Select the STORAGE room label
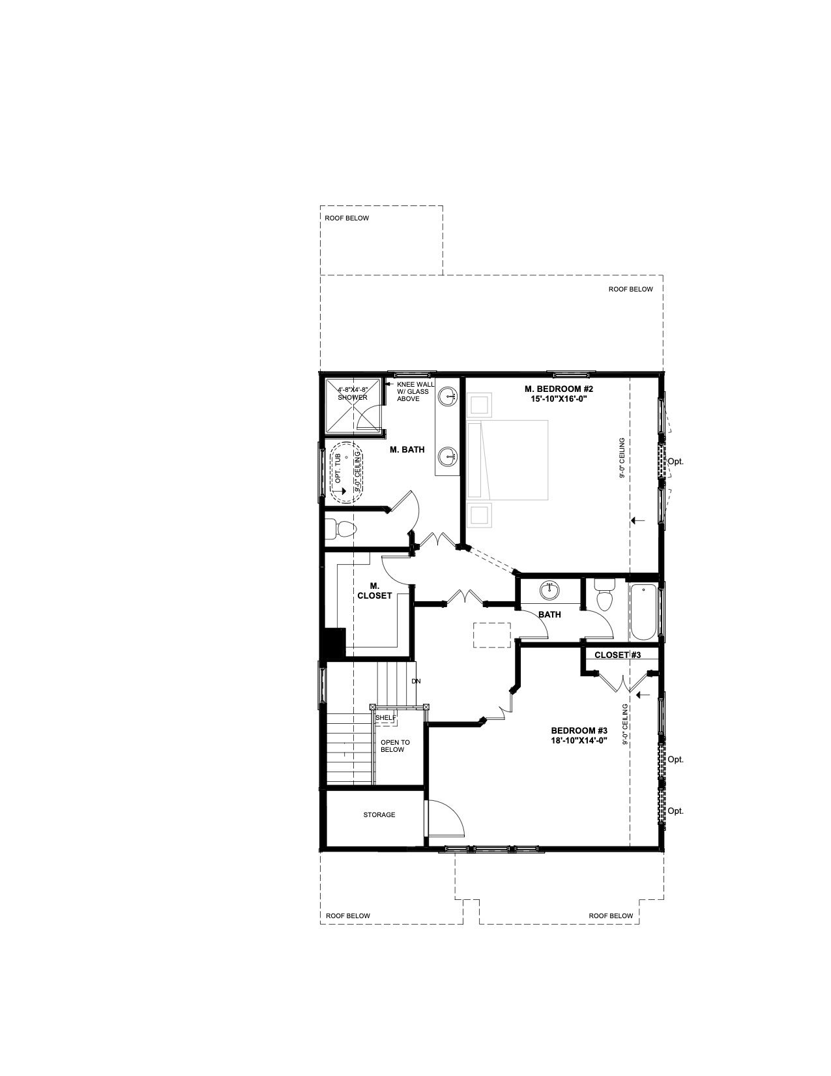click(x=379, y=814)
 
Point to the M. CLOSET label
click(x=374, y=591)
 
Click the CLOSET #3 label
click(x=617, y=655)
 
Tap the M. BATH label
click(x=407, y=449)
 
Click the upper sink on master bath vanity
click(x=450, y=396)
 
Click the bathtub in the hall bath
click(x=644, y=612)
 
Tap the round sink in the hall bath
click(x=548, y=590)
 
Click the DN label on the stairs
click(x=416, y=681)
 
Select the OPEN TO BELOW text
click(x=395, y=746)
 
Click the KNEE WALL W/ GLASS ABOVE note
click(x=415, y=391)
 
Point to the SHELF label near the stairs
click(x=386, y=717)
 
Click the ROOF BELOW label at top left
click(x=347, y=218)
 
